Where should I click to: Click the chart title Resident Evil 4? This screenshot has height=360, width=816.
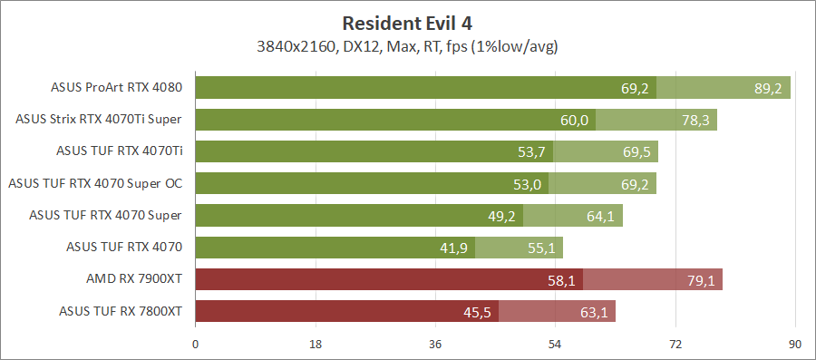(x=407, y=23)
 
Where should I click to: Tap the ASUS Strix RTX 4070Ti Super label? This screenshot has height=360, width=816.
(x=100, y=120)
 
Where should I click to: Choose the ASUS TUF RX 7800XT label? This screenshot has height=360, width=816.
(x=121, y=311)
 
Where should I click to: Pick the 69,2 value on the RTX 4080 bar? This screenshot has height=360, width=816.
(x=635, y=88)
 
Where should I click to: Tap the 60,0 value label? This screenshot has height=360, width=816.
(x=573, y=120)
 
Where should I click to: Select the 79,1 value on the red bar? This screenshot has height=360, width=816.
(x=701, y=280)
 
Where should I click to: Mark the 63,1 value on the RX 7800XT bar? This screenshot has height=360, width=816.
(x=594, y=312)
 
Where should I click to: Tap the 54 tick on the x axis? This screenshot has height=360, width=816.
(x=555, y=345)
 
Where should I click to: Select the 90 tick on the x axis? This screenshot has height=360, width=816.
(x=795, y=345)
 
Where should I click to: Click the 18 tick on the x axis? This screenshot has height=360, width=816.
(x=316, y=345)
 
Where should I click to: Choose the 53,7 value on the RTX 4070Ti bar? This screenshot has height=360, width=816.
(x=531, y=151)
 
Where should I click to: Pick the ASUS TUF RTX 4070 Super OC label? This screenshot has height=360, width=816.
(x=95, y=183)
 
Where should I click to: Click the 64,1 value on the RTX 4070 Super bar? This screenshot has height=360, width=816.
(x=600, y=216)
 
